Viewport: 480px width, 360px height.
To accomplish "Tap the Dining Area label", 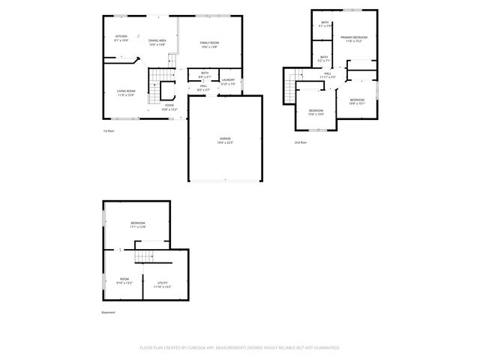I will pos(157,42).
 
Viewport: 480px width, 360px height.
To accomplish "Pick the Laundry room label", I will pos(228,82).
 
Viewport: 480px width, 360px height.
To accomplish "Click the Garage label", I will pos(225,140).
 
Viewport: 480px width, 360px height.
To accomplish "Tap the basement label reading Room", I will pos(124,281).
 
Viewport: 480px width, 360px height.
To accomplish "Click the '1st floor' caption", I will pos(109,130).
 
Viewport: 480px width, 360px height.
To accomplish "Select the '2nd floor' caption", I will pos(299,142).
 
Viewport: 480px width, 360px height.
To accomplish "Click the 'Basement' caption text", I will pos(109,313).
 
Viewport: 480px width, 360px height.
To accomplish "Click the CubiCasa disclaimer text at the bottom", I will pos(240,347).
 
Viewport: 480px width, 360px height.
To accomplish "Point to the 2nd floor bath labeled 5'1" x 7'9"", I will pos(325,24).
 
